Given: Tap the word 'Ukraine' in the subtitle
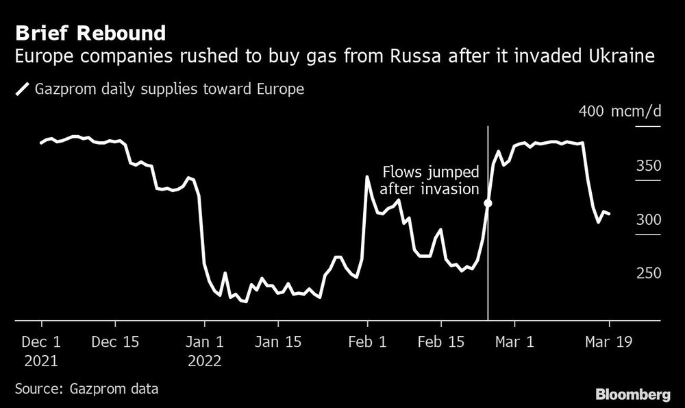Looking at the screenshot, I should (x=619, y=58).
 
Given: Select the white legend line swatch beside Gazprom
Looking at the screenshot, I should (x=23, y=89).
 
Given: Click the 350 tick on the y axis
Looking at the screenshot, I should (x=649, y=166).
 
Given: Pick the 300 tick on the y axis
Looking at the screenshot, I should (x=649, y=219).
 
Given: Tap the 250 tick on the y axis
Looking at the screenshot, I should (x=649, y=273).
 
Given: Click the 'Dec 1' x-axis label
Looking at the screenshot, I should (x=42, y=341).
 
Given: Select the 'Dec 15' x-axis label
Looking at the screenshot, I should (x=115, y=341).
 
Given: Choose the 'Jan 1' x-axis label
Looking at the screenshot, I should (x=204, y=341).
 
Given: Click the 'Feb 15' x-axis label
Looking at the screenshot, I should (x=441, y=341).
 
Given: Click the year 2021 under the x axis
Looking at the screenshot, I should (x=42, y=361).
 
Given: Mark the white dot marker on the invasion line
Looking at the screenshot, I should (x=488, y=203).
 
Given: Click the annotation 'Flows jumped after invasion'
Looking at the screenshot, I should (x=429, y=180).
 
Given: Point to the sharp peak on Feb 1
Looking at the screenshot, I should (x=368, y=177).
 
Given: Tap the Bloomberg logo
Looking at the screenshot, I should (x=633, y=394).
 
